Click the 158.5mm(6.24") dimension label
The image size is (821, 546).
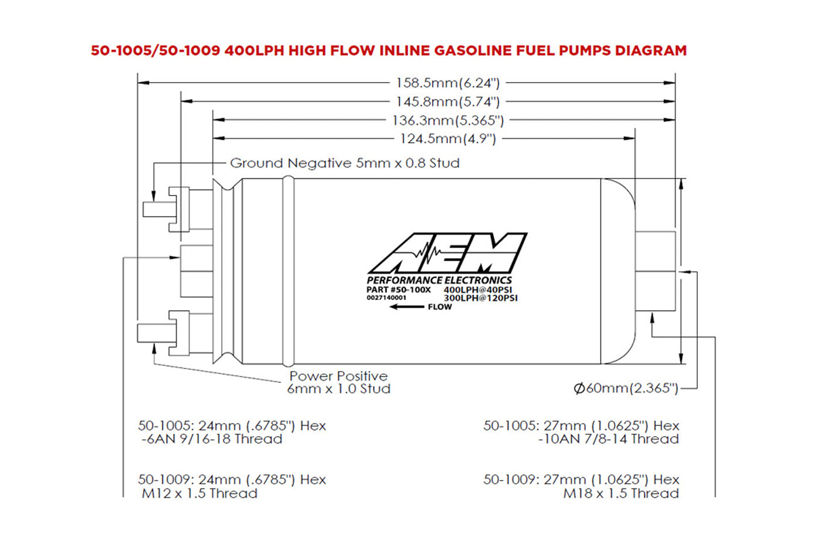point(447,83)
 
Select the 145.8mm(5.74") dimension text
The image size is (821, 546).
point(447,102)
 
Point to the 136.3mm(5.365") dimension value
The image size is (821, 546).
point(447,120)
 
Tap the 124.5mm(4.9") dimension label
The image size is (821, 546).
point(447,139)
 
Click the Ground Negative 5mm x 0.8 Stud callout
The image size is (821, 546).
point(344,163)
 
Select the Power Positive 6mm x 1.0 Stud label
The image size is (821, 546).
point(338,382)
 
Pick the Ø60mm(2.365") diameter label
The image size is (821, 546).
point(626,388)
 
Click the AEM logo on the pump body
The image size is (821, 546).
point(447,253)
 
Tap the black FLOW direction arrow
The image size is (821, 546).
point(407,307)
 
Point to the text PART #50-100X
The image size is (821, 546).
point(398,289)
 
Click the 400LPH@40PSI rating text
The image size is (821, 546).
point(477,290)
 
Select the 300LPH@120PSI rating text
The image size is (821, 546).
point(480,298)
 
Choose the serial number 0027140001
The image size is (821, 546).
point(386,298)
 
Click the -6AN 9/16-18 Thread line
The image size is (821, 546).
point(212,439)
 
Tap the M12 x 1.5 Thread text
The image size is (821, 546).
point(199,494)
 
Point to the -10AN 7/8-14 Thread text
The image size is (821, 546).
point(608,439)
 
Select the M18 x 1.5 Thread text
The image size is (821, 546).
point(621,494)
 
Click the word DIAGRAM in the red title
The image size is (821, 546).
point(650,50)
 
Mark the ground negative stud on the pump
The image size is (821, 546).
point(157,210)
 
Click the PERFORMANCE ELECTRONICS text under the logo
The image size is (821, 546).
point(439,281)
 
